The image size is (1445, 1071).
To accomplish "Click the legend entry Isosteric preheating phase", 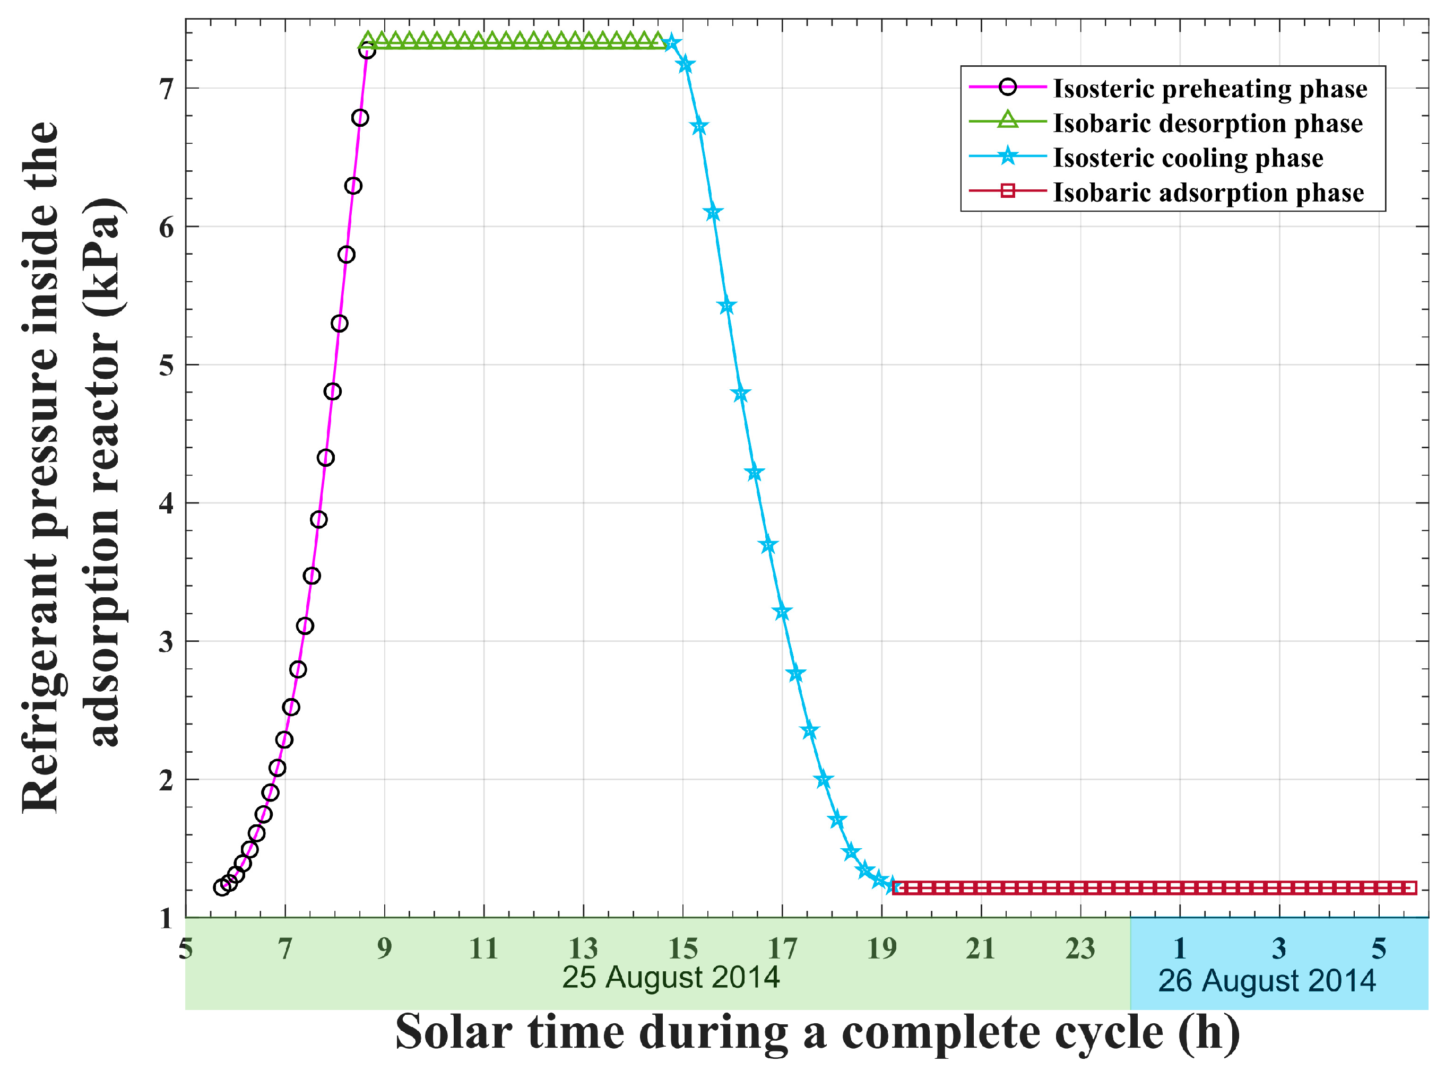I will click(x=1209, y=89).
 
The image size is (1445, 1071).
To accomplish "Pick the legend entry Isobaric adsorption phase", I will click(x=1208, y=193).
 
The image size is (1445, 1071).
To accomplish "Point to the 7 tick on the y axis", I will click(x=167, y=89).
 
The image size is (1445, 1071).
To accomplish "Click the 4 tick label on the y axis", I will click(x=167, y=503).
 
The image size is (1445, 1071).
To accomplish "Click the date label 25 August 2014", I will click(x=671, y=978).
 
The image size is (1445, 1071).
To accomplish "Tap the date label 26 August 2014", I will click(x=1267, y=981).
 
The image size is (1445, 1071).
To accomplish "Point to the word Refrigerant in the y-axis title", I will click(x=40, y=687).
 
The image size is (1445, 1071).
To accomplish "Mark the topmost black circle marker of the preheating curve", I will click(x=367, y=50).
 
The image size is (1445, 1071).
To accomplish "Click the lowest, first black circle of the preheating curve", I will click(x=222, y=887).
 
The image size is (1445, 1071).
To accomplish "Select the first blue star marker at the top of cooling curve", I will click(x=672, y=43).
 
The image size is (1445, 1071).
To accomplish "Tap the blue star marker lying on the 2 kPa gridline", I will click(x=824, y=780).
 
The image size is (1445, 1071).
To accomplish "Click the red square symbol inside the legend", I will click(x=1007, y=190).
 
